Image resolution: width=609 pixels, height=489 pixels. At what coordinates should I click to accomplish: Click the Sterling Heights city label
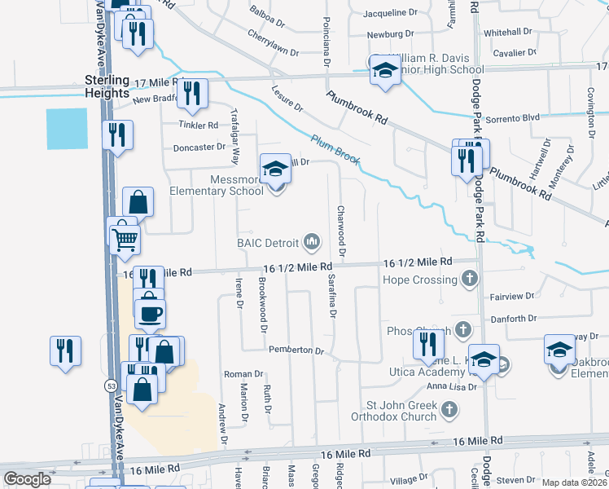[x=107, y=86]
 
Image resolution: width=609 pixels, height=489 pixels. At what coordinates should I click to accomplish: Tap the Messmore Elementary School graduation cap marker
[x=275, y=168]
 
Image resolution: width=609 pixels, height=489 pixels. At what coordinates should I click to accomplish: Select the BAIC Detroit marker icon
[x=311, y=241]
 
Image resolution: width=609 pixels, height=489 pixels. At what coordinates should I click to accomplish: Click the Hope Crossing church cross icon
[x=468, y=280]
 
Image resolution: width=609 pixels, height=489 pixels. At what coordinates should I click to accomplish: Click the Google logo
[x=27, y=479]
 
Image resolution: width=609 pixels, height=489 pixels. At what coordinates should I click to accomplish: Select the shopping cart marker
[x=125, y=238]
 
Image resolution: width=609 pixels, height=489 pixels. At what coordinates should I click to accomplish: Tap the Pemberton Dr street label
[x=296, y=350]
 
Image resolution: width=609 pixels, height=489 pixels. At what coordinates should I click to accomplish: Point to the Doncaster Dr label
[x=199, y=148]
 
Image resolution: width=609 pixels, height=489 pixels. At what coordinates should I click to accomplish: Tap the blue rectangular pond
[x=67, y=129]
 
